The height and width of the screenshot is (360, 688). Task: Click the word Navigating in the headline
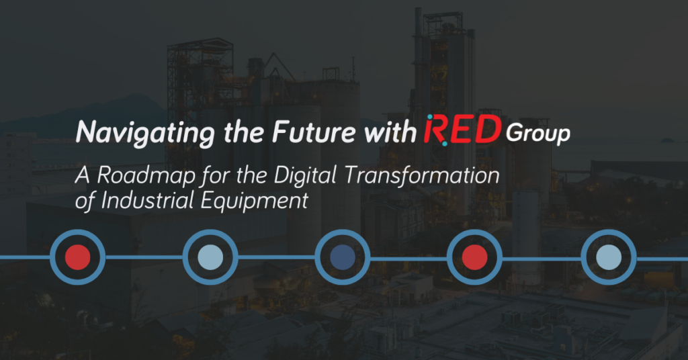pyautogui.click(x=131, y=132)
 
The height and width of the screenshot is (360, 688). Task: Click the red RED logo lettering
pyautogui.click(x=462, y=130)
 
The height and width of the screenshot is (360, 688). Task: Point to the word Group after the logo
pyautogui.click(x=537, y=134)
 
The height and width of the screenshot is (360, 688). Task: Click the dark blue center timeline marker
pyautogui.click(x=343, y=257)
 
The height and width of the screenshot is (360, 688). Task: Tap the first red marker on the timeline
pyautogui.click(x=78, y=257)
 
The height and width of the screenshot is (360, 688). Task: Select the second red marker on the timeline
pyautogui.click(x=475, y=257)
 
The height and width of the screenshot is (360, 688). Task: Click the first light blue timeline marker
pyautogui.click(x=210, y=257)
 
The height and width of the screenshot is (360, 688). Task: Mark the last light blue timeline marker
pyautogui.click(x=608, y=257)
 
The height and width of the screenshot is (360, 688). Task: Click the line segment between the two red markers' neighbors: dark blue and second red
pyautogui.click(x=408, y=257)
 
